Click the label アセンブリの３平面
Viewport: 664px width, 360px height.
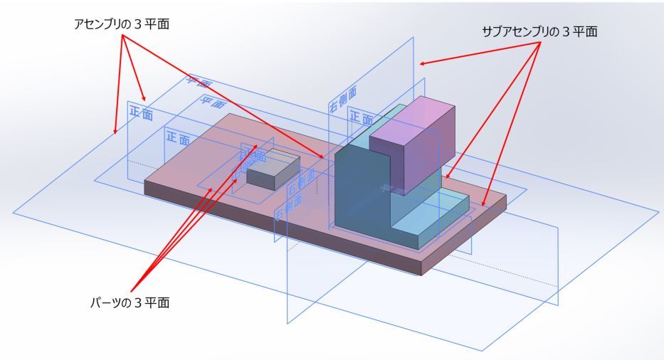tap(122, 24)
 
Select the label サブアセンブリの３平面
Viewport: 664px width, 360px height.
tap(539, 31)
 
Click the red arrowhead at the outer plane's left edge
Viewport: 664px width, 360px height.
tap(115, 132)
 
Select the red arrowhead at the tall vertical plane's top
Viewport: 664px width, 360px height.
tap(422, 64)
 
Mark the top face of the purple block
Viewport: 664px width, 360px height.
tap(413, 114)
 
